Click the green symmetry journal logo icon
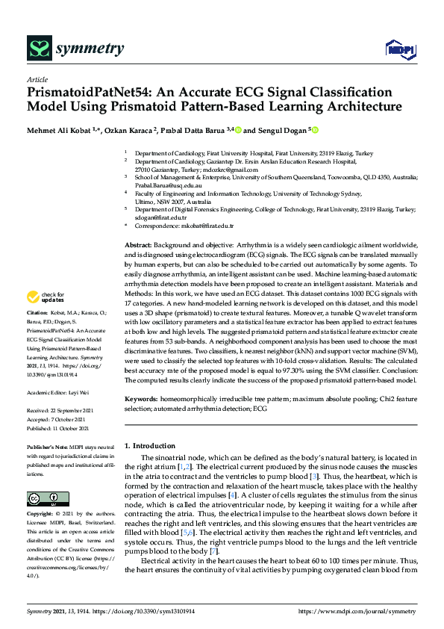tap(38, 49)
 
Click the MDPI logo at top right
tap(395, 49)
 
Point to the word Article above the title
tap(37, 78)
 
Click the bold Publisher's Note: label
tap(48, 447)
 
